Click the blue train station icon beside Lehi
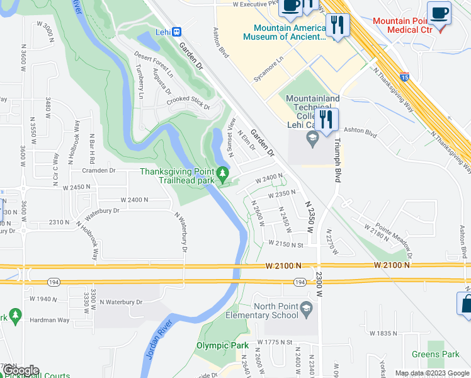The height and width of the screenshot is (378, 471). tap(177, 31)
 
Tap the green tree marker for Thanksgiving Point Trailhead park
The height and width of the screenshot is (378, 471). tap(222, 173)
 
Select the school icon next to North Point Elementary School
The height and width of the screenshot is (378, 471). tap(306, 307)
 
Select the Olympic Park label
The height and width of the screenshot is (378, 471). tap(222, 345)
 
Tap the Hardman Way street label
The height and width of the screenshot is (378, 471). tap(51, 320)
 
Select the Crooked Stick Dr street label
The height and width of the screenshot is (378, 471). tap(188, 104)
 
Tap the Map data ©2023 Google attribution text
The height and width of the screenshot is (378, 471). tap(431, 373)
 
